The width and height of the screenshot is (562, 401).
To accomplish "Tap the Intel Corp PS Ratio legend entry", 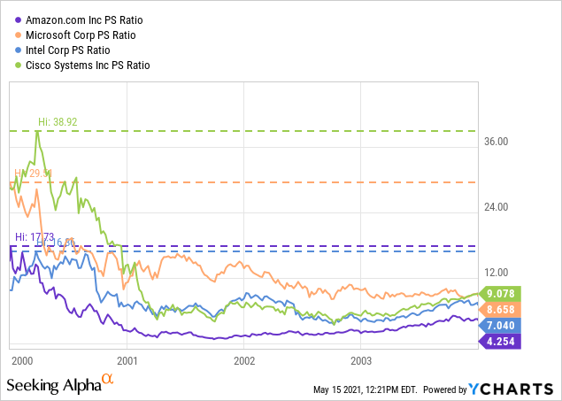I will [x=64, y=50].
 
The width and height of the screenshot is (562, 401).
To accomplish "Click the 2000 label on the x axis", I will [x=22, y=361].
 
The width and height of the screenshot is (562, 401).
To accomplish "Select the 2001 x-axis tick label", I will [x=127, y=361].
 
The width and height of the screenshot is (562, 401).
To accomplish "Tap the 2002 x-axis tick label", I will [x=243, y=361].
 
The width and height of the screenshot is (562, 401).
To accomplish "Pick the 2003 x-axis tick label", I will [x=360, y=361].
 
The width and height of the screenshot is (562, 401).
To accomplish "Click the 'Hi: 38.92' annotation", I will [x=58, y=121].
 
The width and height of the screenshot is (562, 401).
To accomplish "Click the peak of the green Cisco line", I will [x=37, y=131].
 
